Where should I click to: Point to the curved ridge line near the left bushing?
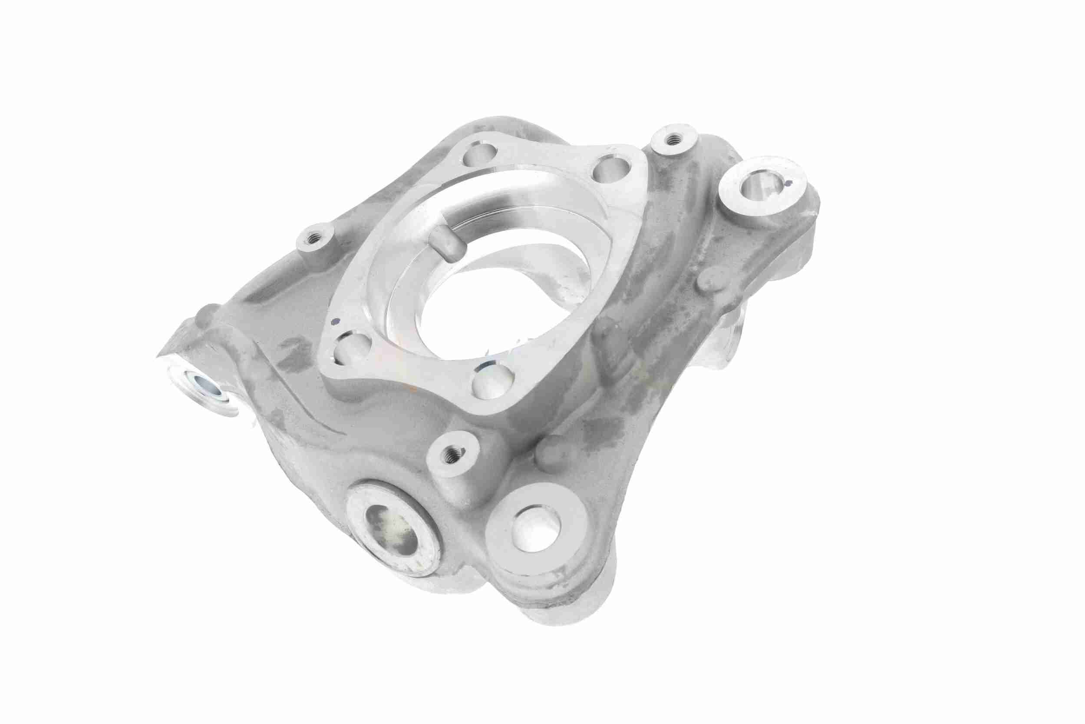coord(295,406)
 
